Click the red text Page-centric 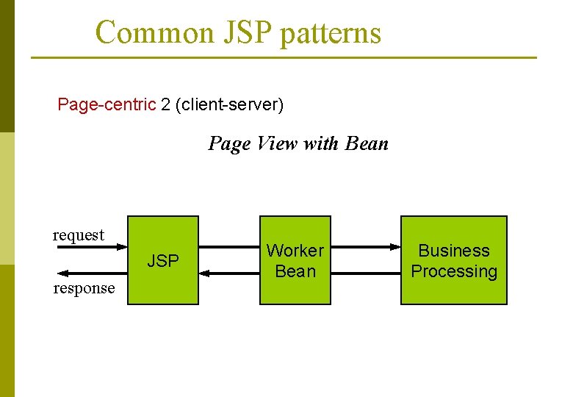pos(107,104)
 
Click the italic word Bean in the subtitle pos(367,143)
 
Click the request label pos(79,235)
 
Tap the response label pos(84,288)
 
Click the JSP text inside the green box pos(163,261)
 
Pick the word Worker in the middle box pos(295,251)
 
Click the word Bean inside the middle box pos(295,271)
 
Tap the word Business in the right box pos(453,251)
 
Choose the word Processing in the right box pos(453,271)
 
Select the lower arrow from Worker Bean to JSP pos(228,273)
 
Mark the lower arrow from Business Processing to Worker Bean pos(365,273)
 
